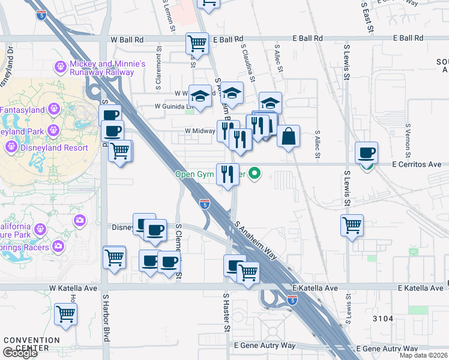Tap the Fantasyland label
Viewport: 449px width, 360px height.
(x=22, y=110)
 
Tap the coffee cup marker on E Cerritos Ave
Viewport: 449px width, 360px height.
(x=366, y=153)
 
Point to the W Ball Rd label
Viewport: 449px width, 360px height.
(x=127, y=38)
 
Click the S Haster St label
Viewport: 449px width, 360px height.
(x=227, y=312)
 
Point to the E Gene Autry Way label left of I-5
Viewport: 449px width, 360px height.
(x=265, y=346)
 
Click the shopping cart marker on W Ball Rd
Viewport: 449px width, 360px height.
(x=197, y=43)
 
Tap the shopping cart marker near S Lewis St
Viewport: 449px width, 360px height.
(x=352, y=226)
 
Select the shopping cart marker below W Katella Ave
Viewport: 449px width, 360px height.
(x=65, y=314)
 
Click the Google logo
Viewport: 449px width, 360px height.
(x=20, y=353)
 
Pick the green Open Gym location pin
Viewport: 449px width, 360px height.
(x=255, y=175)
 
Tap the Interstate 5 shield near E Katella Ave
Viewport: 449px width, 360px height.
(x=292, y=299)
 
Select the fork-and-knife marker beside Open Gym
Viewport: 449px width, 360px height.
(x=228, y=175)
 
